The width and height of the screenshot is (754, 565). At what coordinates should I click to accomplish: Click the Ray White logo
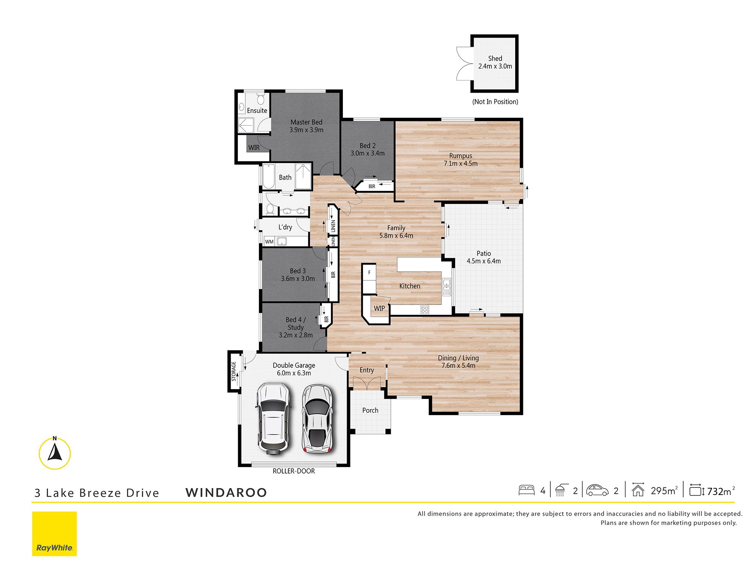click(54, 533)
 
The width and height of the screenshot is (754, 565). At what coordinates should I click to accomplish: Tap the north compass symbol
click(55, 453)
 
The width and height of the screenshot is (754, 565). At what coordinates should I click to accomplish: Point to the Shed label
click(495, 58)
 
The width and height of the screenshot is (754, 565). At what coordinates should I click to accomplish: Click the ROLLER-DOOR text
click(294, 471)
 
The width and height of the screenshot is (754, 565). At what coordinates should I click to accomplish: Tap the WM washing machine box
click(269, 242)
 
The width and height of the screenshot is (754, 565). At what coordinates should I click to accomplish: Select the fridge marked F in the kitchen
click(369, 273)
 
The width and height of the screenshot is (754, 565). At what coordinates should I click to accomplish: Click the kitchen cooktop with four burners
click(425, 310)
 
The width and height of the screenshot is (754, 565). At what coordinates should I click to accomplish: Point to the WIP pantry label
click(379, 308)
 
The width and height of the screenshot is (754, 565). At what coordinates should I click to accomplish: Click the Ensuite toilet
click(260, 99)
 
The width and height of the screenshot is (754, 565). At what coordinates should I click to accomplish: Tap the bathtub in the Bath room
click(268, 176)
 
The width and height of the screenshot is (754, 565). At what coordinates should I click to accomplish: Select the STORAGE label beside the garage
click(234, 371)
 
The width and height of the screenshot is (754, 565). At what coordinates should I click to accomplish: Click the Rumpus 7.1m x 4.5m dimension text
click(460, 163)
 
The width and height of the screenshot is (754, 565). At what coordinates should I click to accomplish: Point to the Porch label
click(370, 410)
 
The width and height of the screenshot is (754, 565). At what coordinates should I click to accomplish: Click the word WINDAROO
click(226, 492)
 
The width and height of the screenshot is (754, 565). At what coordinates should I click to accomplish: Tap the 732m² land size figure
click(721, 491)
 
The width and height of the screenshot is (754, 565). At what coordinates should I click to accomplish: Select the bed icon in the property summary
click(526, 490)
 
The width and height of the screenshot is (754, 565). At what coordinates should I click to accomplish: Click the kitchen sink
click(447, 287)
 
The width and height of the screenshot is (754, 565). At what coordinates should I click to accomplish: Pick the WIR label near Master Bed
click(254, 148)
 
